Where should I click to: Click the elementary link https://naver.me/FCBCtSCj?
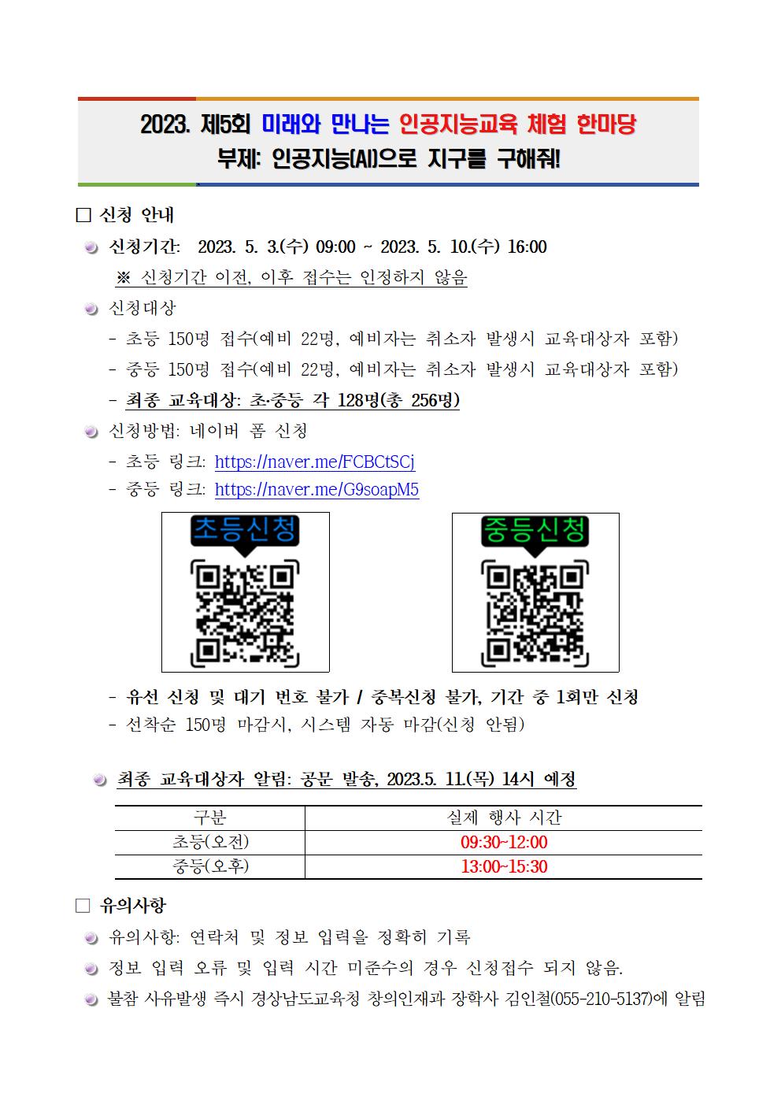click(314, 462)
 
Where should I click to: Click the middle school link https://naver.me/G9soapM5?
click(316, 490)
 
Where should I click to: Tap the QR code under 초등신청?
click(246, 612)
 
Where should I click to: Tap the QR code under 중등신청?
click(535, 612)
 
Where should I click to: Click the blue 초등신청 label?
click(246, 530)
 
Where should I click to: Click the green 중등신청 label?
click(535, 530)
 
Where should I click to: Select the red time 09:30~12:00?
click(504, 843)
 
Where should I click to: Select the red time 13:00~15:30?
click(504, 867)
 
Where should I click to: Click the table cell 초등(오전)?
click(210, 843)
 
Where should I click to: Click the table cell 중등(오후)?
click(210, 867)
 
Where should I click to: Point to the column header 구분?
click(210, 818)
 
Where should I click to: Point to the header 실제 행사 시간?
click(504, 818)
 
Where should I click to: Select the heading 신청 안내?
click(138, 215)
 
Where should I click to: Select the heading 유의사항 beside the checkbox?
click(133, 906)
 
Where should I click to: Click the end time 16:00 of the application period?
click(527, 247)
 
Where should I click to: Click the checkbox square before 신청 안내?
click(83, 216)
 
